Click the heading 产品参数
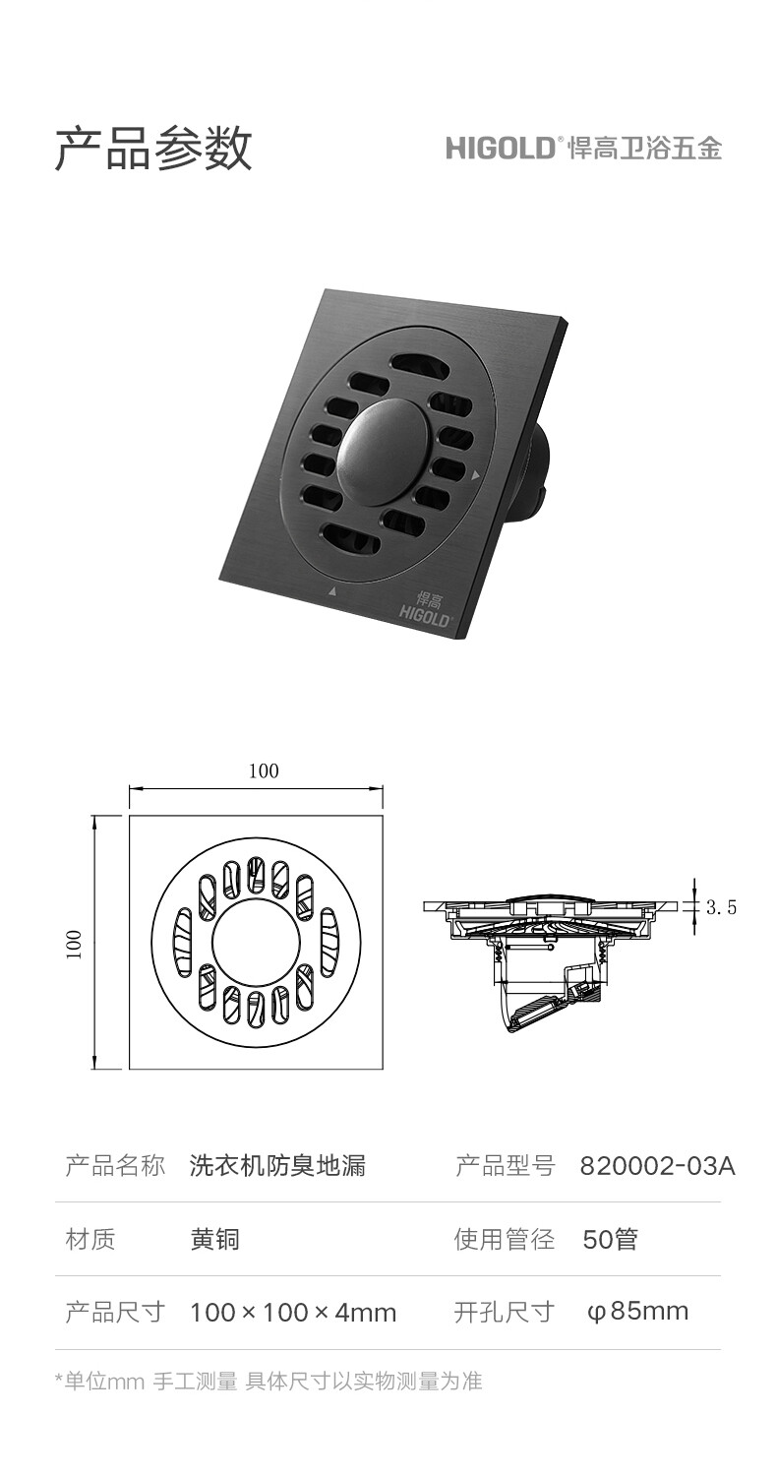click(x=152, y=149)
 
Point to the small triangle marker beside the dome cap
click(x=475, y=474)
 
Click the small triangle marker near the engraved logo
click(x=332, y=590)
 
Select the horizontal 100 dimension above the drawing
click(x=264, y=770)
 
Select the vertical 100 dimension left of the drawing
click(x=74, y=944)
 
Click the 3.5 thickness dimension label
click(x=721, y=907)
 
